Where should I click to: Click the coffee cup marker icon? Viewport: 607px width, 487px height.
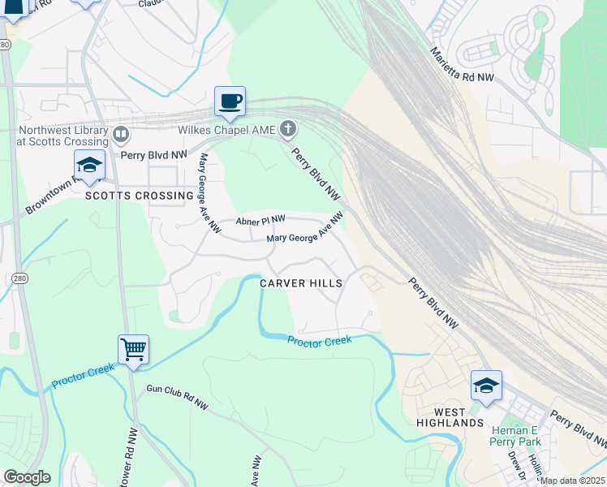click(230, 101)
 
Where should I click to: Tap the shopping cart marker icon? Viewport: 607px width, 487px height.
click(133, 350)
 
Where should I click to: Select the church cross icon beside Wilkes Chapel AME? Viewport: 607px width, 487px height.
click(287, 128)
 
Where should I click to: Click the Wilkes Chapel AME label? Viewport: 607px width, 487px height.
click(227, 129)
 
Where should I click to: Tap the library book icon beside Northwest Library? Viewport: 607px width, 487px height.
click(121, 133)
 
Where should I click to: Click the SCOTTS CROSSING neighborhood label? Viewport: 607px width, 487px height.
click(140, 196)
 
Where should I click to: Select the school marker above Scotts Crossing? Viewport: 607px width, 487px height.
click(89, 166)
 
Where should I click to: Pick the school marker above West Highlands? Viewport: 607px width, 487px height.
click(485, 386)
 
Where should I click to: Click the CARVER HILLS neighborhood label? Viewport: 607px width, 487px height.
click(301, 283)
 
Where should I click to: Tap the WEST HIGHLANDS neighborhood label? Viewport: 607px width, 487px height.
click(450, 417)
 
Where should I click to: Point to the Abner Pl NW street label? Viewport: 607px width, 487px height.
click(260, 220)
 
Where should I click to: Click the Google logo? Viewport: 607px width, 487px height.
click(27, 477)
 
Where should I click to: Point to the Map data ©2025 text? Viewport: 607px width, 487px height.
click(573, 481)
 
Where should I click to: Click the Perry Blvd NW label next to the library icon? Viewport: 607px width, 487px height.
click(153, 153)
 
